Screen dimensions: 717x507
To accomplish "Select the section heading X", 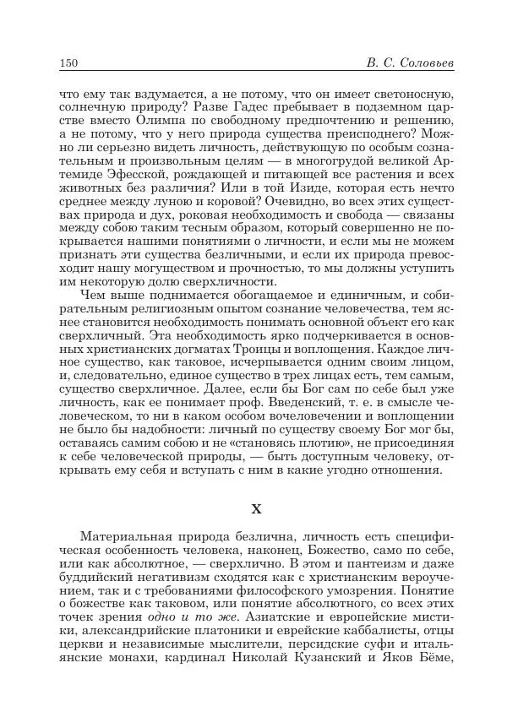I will tap(258, 509).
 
